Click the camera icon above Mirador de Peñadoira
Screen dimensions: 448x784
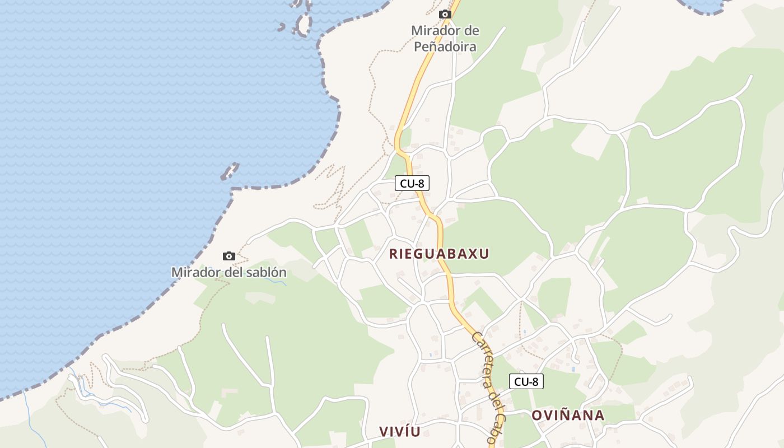[x=445, y=15]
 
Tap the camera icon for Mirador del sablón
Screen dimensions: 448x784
[x=228, y=256]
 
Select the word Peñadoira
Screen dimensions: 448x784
[x=445, y=46]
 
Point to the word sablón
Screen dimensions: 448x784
[x=268, y=273]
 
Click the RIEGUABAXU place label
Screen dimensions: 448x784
[x=439, y=254]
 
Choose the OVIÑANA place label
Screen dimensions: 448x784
[x=567, y=416]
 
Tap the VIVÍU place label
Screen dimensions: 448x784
[x=399, y=431]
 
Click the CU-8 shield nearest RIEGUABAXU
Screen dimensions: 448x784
[x=412, y=183]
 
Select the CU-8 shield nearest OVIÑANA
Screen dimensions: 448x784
[x=526, y=382]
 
